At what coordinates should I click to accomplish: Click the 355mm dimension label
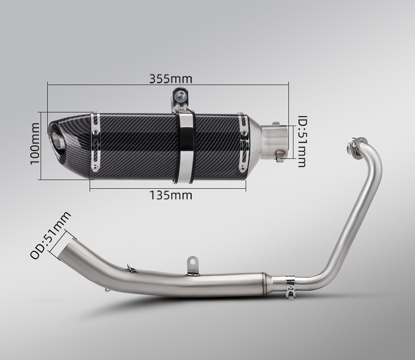pos(171,79)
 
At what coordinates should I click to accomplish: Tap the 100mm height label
pos(35,144)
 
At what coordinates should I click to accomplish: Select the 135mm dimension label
pos(171,195)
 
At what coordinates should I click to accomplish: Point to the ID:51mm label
pos(302,141)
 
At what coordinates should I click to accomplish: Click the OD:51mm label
pos(51,235)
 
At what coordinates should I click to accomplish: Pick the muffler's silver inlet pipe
pos(275,142)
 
